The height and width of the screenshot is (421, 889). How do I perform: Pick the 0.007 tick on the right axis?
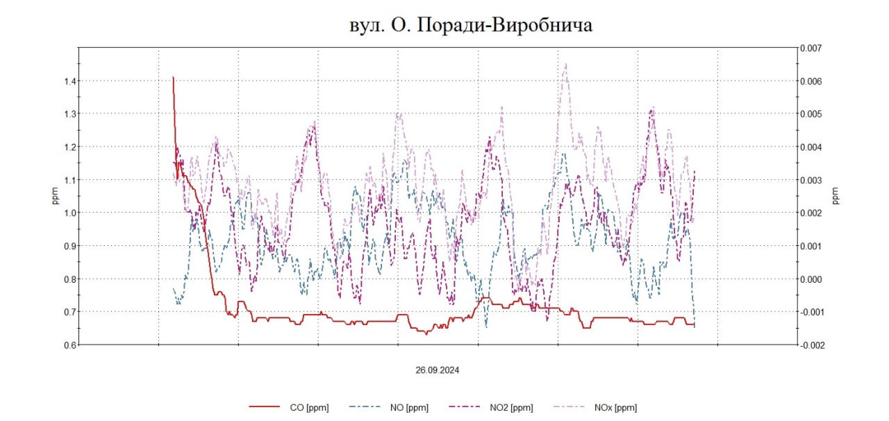point(812,48)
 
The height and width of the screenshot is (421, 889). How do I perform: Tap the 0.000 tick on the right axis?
point(812,279)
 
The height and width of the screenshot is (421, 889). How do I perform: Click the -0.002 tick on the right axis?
point(811,345)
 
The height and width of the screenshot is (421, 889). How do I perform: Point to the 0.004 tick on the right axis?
point(812,147)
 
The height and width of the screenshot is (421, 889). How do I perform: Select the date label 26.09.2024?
point(438,370)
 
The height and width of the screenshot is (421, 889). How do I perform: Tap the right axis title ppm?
point(836,197)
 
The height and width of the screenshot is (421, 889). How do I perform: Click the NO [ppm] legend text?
point(408,408)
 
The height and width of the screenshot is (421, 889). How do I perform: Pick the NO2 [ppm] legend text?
point(510,408)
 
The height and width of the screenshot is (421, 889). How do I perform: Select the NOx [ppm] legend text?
point(615,408)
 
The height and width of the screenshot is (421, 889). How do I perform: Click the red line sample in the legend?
point(267,408)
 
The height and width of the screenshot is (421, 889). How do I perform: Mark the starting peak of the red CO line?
point(173,77)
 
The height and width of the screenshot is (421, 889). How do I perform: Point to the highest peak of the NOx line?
point(565,65)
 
